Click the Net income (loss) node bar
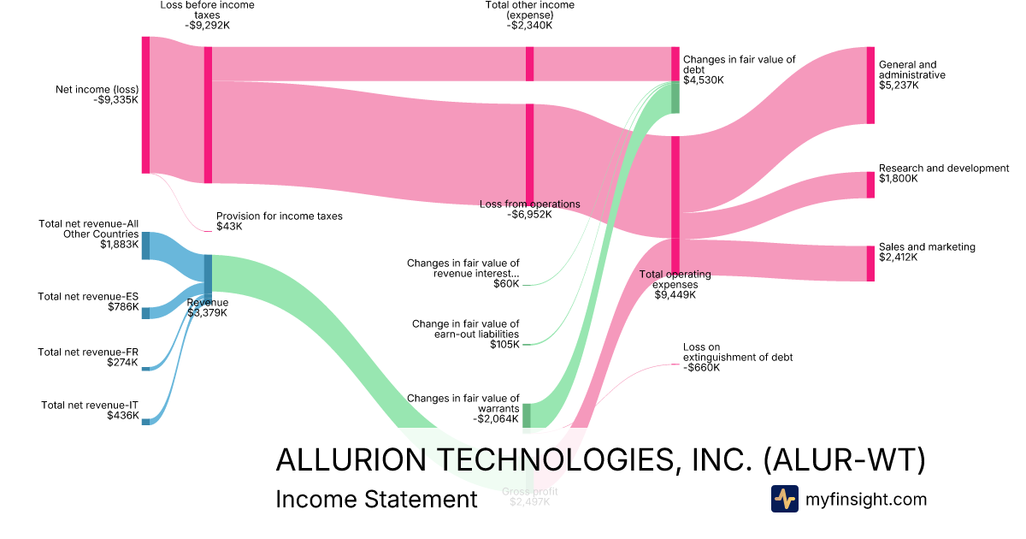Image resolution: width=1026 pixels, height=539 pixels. [x=145, y=105]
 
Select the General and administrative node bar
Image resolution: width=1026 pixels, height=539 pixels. [x=870, y=86]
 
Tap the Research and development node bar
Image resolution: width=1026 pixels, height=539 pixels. [x=870, y=185]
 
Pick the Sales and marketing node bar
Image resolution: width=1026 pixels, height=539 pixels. [x=870, y=264]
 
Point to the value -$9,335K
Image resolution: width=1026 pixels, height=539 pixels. [x=115, y=99]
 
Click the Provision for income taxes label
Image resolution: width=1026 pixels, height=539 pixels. [x=279, y=216]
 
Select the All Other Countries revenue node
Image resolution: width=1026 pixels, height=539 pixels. [x=145, y=246]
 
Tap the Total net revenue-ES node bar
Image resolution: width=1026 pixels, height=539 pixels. [x=145, y=312]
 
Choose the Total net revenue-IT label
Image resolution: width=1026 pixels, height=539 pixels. [x=90, y=405]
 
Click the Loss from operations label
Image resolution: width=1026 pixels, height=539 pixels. [x=529, y=204]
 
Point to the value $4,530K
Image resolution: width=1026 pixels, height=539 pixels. [x=703, y=80]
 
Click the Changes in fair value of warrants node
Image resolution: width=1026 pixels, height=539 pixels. [x=527, y=415]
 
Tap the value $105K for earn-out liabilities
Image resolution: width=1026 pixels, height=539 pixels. [x=504, y=345]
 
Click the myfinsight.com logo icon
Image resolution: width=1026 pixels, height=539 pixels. [x=784, y=499]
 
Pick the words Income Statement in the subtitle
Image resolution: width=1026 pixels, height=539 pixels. [x=376, y=500]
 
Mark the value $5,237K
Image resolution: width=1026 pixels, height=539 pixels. [x=899, y=86]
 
